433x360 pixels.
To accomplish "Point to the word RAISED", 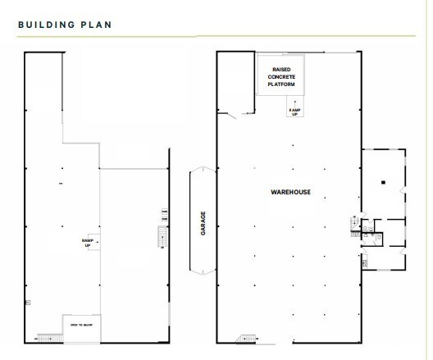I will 280,69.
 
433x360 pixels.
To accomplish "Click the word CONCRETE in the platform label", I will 280,76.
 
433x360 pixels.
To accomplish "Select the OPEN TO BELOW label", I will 80,325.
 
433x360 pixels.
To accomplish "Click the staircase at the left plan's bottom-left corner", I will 51,337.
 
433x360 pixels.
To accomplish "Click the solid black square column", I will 382,181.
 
